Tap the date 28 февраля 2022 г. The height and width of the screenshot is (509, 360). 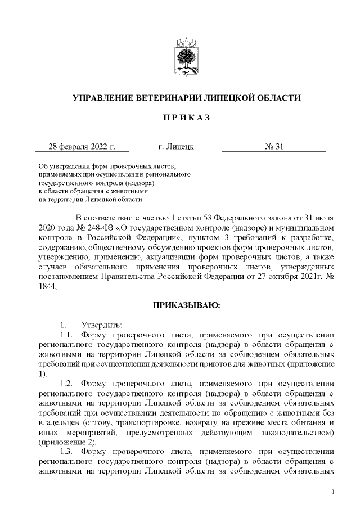(x=82, y=147)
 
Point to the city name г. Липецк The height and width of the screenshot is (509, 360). (x=177, y=147)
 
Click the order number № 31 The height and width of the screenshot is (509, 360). (x=274, y=147)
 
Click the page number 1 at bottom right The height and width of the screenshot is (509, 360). (x=334, y=493)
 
